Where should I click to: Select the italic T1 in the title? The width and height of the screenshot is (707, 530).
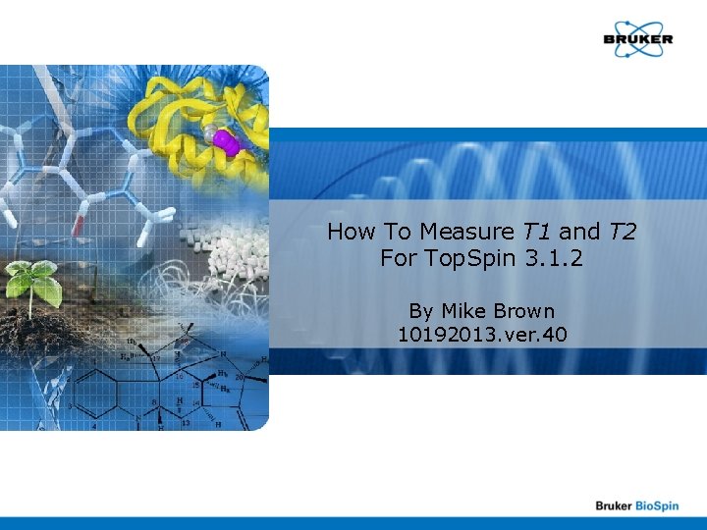pos(536,233)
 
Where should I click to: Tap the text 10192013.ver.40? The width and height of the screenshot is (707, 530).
pos(481,336)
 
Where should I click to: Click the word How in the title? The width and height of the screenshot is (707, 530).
pos(349,233)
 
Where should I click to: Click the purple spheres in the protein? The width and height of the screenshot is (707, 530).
pos(225,142)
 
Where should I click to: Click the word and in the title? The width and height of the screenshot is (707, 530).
pos(579,233)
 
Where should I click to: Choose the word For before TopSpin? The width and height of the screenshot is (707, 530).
pos(399,260)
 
